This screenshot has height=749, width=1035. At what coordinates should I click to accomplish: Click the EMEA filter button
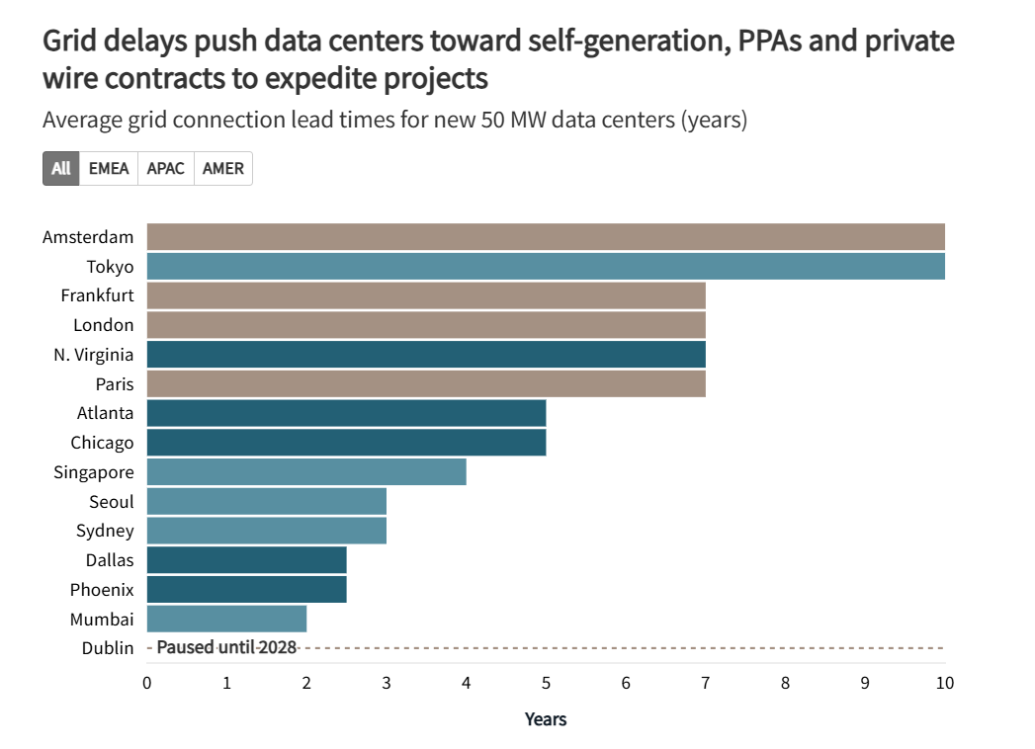[109, 168]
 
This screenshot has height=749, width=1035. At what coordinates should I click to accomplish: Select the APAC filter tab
[166, 168]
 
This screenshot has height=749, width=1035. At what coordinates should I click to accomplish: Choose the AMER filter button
[223, 168]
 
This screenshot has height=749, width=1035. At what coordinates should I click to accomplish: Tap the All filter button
[61, 168]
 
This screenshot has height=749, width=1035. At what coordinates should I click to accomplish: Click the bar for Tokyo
[546, 267]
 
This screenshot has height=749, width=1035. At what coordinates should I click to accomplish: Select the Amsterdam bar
[546, 237]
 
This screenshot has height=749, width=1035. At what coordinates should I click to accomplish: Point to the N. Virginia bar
[426, 355]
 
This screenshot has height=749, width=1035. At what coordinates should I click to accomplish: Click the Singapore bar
[306, 472]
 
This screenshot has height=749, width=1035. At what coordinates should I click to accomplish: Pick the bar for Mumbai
[226, 620]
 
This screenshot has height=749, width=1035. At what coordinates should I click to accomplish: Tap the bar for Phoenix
[246, 590]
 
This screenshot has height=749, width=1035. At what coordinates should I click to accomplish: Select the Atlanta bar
[346, 413]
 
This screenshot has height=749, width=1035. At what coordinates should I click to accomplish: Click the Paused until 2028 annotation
[226, 648]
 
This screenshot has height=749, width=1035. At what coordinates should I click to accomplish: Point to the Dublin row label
[108, 648]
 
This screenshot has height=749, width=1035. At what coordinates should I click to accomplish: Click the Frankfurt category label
[97, 296]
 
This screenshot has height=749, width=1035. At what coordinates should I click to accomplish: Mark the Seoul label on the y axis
[111, 502]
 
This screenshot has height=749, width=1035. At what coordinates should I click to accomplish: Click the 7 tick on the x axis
[706, 683]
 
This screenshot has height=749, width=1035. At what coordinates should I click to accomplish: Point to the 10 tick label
[944, 683]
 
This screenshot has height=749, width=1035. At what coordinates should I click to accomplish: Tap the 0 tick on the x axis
[147, 683]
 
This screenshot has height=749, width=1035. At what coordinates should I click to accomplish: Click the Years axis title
[546, 719]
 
